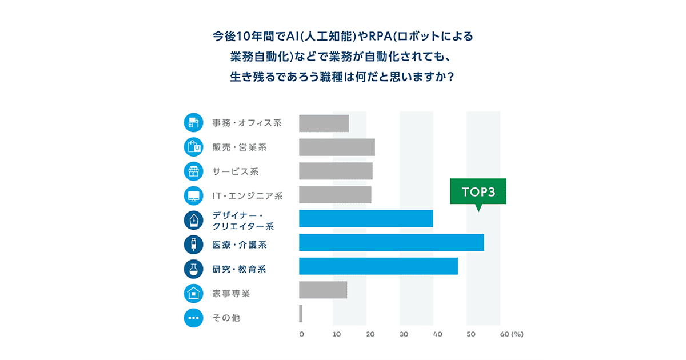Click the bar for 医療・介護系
[391, 242]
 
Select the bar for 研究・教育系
[378, 266]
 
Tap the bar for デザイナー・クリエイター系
[366, 218]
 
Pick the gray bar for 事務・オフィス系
[324, 123]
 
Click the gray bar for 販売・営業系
[337, 147]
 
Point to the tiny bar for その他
[301, 314]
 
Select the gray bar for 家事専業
[323, 290]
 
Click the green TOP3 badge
[478, 193]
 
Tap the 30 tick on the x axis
[404, 334]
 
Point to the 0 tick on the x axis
[301, 334]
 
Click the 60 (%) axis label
[511, 334]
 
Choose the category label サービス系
[236, 171]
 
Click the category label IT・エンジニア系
[248, 196]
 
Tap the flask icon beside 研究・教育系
[194, 269]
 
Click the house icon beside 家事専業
[194, 293]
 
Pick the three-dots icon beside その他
[194, 318]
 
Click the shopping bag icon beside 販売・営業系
[194, 147]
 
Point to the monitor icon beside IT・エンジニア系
[194, 196]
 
